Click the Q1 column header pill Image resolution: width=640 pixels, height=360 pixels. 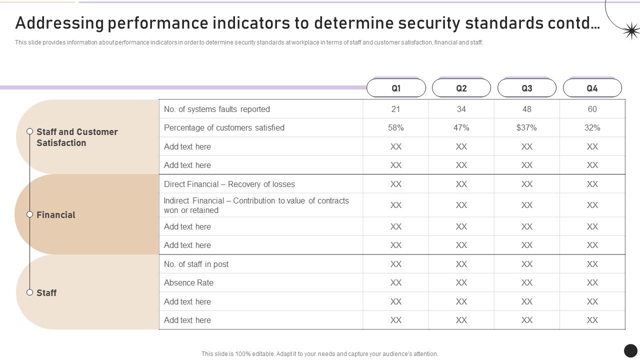(396, 88)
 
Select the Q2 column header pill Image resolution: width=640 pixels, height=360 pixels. (461, 88)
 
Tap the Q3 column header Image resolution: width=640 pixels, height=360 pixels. (526, 88)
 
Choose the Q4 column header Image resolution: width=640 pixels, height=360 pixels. (592, 88)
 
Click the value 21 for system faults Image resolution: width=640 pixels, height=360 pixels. (395, 109)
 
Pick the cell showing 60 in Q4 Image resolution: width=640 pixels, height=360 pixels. (592, 109)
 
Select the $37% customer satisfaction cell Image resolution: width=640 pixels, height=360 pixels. (526, 128)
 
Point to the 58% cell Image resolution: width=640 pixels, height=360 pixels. (395, 128)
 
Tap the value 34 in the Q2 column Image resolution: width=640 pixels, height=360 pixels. (461, 109)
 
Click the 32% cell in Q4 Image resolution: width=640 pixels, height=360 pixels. (592, 128)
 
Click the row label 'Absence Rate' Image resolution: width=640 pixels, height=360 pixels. (188, 283)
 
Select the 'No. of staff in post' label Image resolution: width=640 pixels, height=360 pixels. (196, 264)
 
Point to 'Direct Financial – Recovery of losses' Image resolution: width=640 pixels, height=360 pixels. (229, 184)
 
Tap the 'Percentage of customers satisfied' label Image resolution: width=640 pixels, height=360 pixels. (224, 128)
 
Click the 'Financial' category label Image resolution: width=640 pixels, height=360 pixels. (55, 215)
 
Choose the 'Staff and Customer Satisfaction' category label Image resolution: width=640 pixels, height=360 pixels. (76, 137)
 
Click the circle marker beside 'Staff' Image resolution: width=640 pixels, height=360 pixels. (29, 292)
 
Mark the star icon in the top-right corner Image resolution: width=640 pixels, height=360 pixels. (631, 31)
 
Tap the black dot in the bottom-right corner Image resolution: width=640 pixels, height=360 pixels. (630, 350)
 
